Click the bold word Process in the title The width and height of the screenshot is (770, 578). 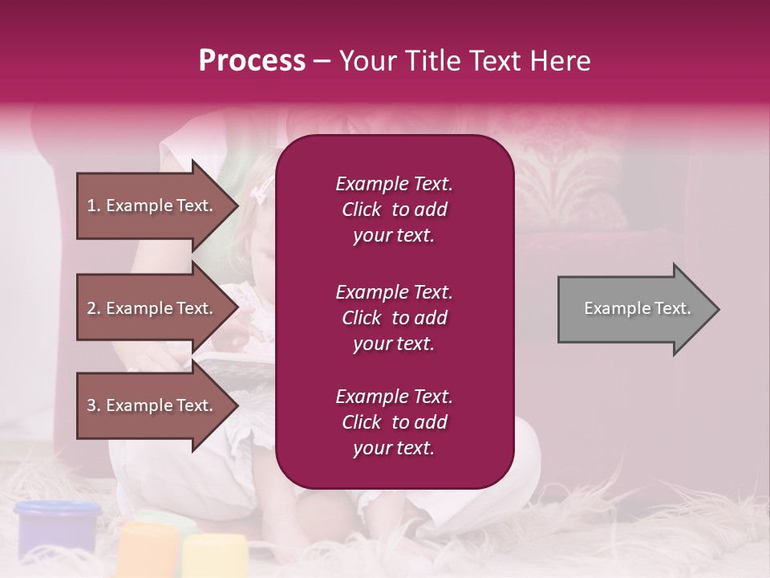pos(252,61)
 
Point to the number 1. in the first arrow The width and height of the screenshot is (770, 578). pos(94,206)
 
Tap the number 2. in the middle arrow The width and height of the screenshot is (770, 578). pos(94,308)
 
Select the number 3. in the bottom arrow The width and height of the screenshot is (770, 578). pos(94,405)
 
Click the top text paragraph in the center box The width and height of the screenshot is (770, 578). pos(394,210)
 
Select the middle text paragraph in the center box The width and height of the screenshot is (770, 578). pos(394,318)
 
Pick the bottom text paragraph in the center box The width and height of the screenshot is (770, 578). pos(394,422)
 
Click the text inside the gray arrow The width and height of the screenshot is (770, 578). pos(637,308)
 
